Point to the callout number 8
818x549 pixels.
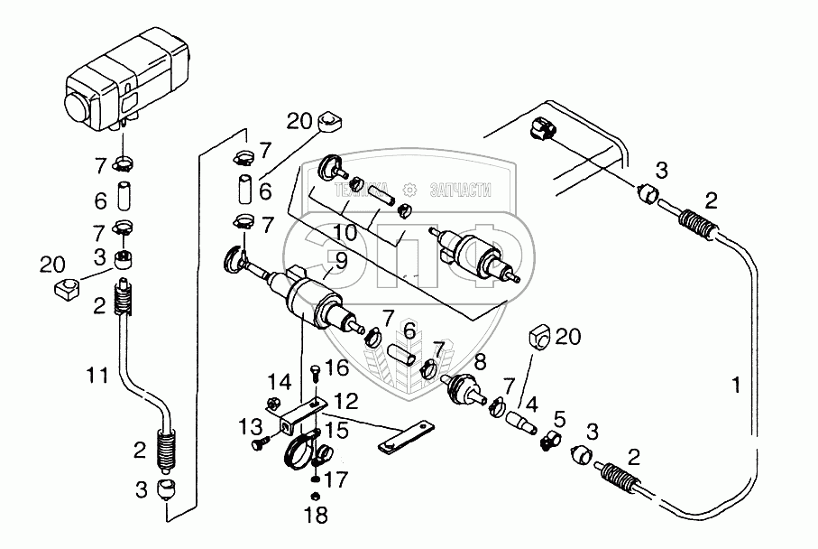point(479,363)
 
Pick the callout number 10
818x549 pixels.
point(344,232)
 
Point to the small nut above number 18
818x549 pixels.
point(315,496)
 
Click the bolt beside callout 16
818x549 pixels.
point(312,372)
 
